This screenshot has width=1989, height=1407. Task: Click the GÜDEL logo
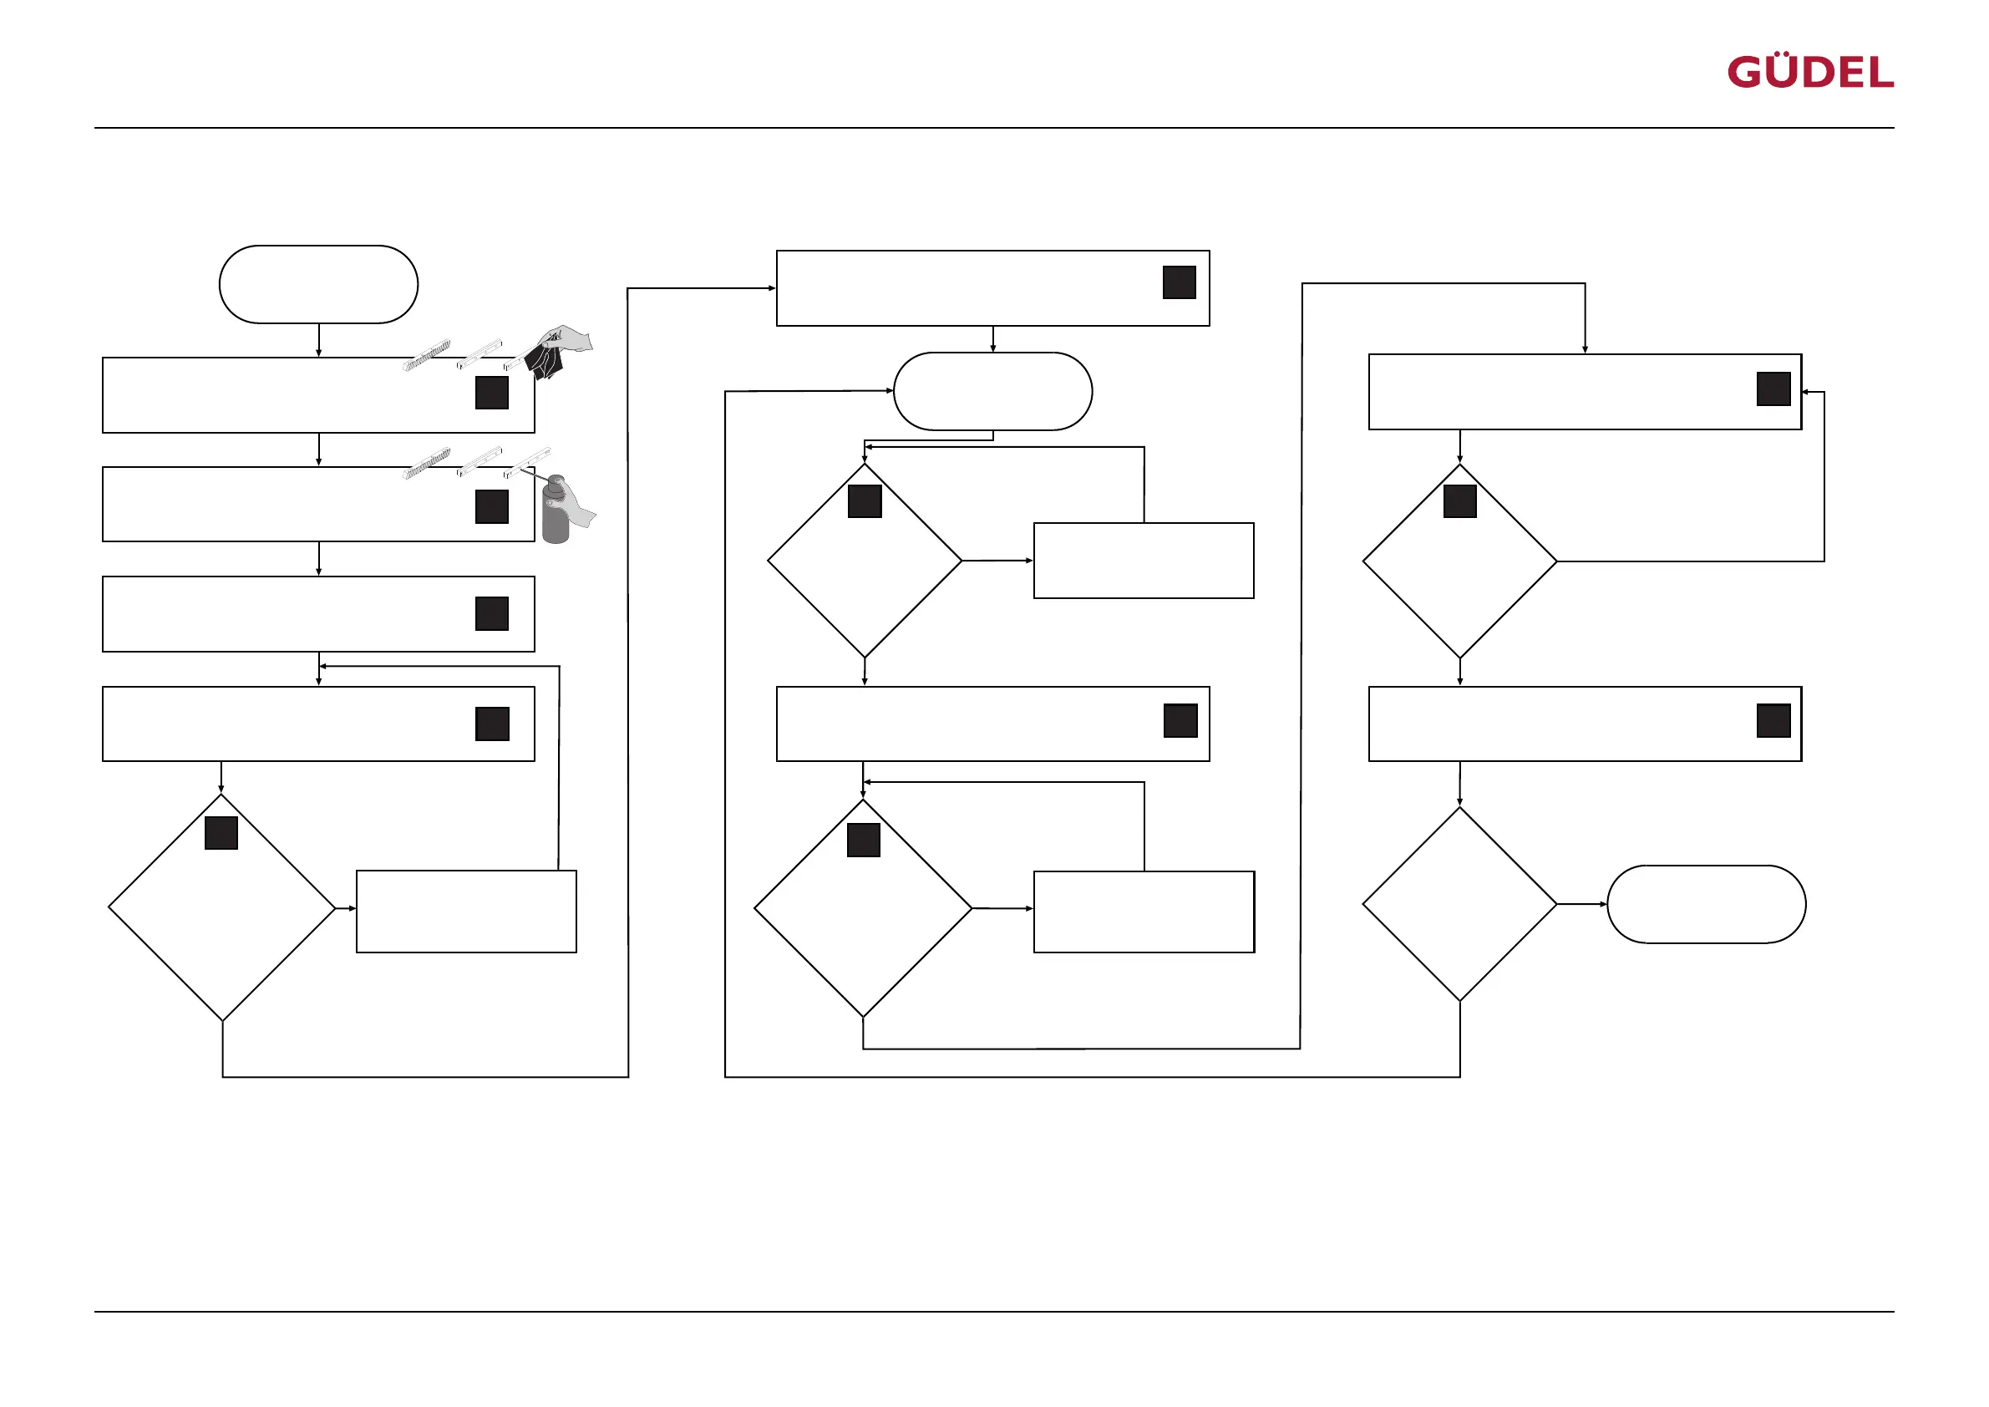(x=1809, y=72)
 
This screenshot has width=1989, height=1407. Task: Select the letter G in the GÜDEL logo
(x=1745, y=73)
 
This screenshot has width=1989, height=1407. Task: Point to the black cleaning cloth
(x=544, y=359)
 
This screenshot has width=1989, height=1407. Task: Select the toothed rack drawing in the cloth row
(x=427, y=355)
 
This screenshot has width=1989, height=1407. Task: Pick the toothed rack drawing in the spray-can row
(x=427, y=463)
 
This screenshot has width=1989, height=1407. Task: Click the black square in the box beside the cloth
(x=492, y=393)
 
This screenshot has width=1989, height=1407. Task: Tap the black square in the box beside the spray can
(x=492, y=507)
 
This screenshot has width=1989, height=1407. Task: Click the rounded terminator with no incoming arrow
(x=319, y=284)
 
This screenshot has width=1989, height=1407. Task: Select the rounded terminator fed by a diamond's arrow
(x=1706, y=904)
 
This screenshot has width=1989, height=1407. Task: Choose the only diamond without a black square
(x=1459, y=904)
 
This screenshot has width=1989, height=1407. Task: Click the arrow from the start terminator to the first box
(x=319, y=341)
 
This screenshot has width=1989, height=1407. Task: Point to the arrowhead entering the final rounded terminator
(x=1604, y=904)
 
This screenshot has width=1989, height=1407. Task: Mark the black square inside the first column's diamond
(x=221, y=833)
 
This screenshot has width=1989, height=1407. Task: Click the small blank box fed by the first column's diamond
(x=466, y=912)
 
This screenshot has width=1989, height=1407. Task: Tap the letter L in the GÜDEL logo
(x=1881, y=73)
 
